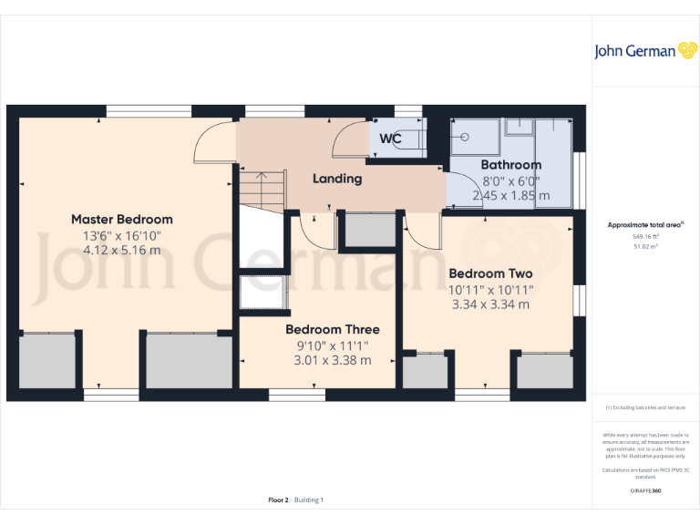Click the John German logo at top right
click(646, 51)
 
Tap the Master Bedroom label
click(121, 219)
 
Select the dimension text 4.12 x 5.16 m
click(121, 250)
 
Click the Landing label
click(337, 179)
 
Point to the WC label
click(390, 139)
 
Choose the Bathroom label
click(510, 165)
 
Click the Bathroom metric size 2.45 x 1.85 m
click(510, 195)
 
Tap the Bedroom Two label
click(490, 273)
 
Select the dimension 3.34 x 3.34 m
click(490, 304)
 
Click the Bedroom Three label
click(332, 329)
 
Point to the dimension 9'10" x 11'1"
click(332, 345)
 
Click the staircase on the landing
click(262, 190)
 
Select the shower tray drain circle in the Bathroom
click(465, 139)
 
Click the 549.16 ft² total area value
click(646, 236)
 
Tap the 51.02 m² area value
click(646, 246)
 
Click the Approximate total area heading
click(645, 224)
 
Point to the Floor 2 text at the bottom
click(278, 499)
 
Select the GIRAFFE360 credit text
click(646, 491)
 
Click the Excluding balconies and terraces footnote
click(646, 407)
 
